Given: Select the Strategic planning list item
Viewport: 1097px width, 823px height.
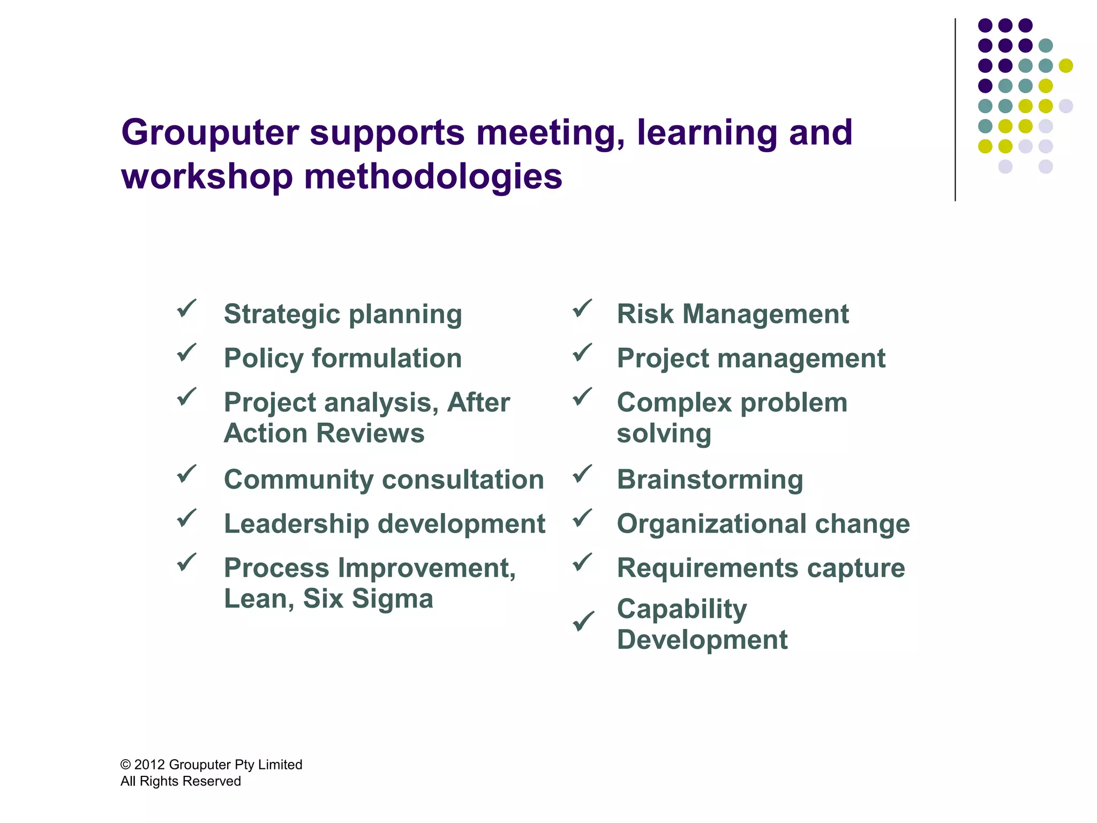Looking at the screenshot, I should point(343,314).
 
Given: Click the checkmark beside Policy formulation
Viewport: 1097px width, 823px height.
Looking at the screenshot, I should point(186,353).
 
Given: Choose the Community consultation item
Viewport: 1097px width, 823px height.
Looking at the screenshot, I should point(384,480).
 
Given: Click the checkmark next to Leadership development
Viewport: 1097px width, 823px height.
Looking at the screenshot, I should point(186,518).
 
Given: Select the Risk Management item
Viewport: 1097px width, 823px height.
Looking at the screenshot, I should point(733,314).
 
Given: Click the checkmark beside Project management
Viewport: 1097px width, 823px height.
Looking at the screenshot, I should point(582,353).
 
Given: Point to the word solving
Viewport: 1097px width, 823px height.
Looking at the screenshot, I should point(664,433).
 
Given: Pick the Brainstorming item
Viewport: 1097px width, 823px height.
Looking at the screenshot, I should point(710,480).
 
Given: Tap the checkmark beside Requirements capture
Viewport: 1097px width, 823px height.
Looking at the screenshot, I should point(582,563).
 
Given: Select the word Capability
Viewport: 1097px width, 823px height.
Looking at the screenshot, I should point(681,609).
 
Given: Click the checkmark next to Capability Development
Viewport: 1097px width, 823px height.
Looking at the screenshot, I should point(583,622).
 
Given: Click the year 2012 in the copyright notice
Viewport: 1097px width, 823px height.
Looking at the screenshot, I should point(149,765).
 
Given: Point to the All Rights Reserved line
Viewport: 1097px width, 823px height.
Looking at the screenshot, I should point(181,781).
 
